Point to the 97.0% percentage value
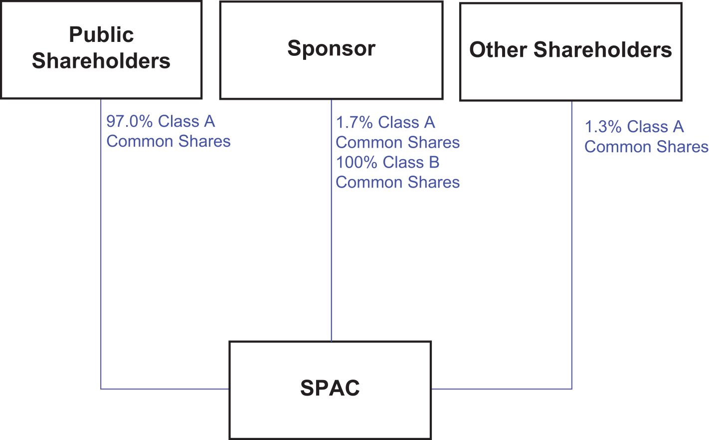[130, 121]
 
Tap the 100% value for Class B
[356, 163]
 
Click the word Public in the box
[101, 34]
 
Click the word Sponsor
[332, 49]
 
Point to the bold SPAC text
[330, 388]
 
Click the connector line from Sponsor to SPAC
[332, 220]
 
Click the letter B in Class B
[434, 163]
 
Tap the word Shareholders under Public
[101, 61]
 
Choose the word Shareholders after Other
[603, 50]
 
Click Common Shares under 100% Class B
[397, 183]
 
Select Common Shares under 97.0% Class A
[169, 141]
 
